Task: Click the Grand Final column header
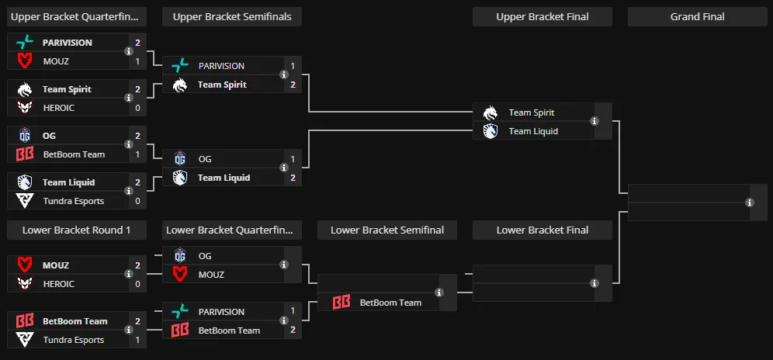click(697, 17)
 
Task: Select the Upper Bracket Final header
click(542, 17)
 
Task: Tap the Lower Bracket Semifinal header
click(387, 230)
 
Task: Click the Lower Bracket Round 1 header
click(76, 230)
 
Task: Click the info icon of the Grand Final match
click(750, 202)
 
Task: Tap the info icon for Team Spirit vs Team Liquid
click(594, 121)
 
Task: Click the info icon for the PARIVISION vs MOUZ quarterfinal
click(129, 51)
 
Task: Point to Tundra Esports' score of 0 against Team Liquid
click(137, 201)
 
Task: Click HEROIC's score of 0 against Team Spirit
click(137, 108)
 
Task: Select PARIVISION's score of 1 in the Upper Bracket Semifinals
click(293, 66)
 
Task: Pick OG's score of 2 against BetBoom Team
click(137, 136)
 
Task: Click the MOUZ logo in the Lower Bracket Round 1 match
click(25, 265)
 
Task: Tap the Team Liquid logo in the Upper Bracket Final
click(490, 131)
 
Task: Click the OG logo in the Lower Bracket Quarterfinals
click(180, 256)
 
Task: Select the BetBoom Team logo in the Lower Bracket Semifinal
click(341, 303)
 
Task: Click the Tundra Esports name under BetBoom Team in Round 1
click(74, 340)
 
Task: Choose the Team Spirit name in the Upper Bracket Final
click(532, 112)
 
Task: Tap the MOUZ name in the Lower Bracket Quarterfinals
click(211, 275)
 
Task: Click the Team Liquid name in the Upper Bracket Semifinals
click(224, 178)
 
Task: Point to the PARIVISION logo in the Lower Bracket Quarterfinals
click(180, 312)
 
